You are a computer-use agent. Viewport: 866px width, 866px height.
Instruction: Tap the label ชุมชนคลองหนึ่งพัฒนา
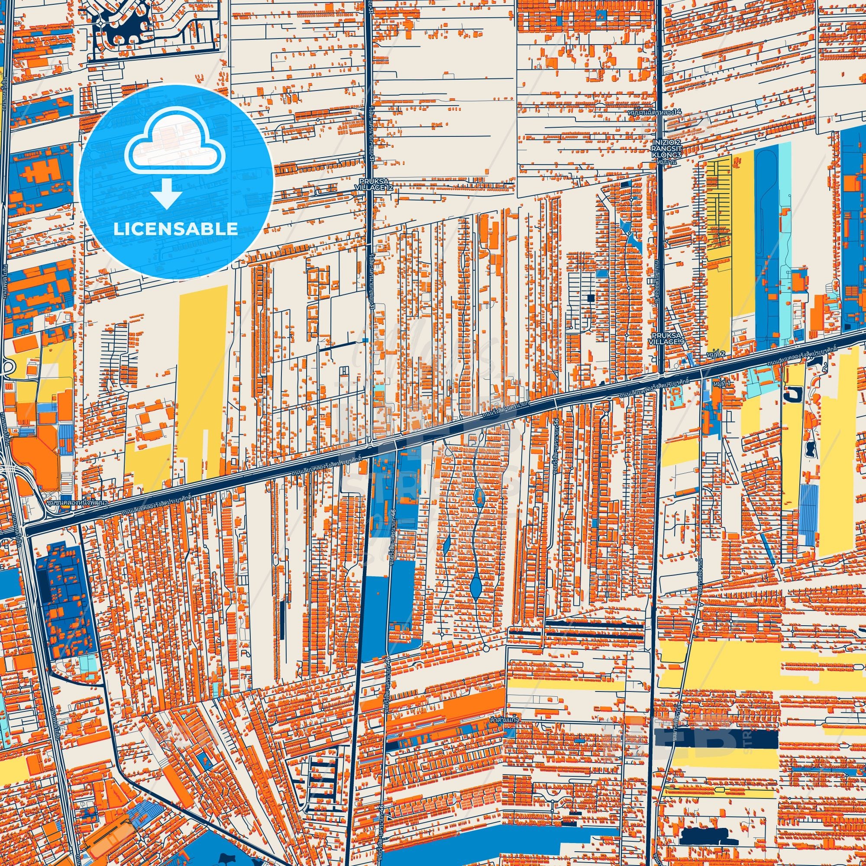coord(75,502)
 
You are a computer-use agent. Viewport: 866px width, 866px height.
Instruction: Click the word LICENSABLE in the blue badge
coord(176,229)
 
